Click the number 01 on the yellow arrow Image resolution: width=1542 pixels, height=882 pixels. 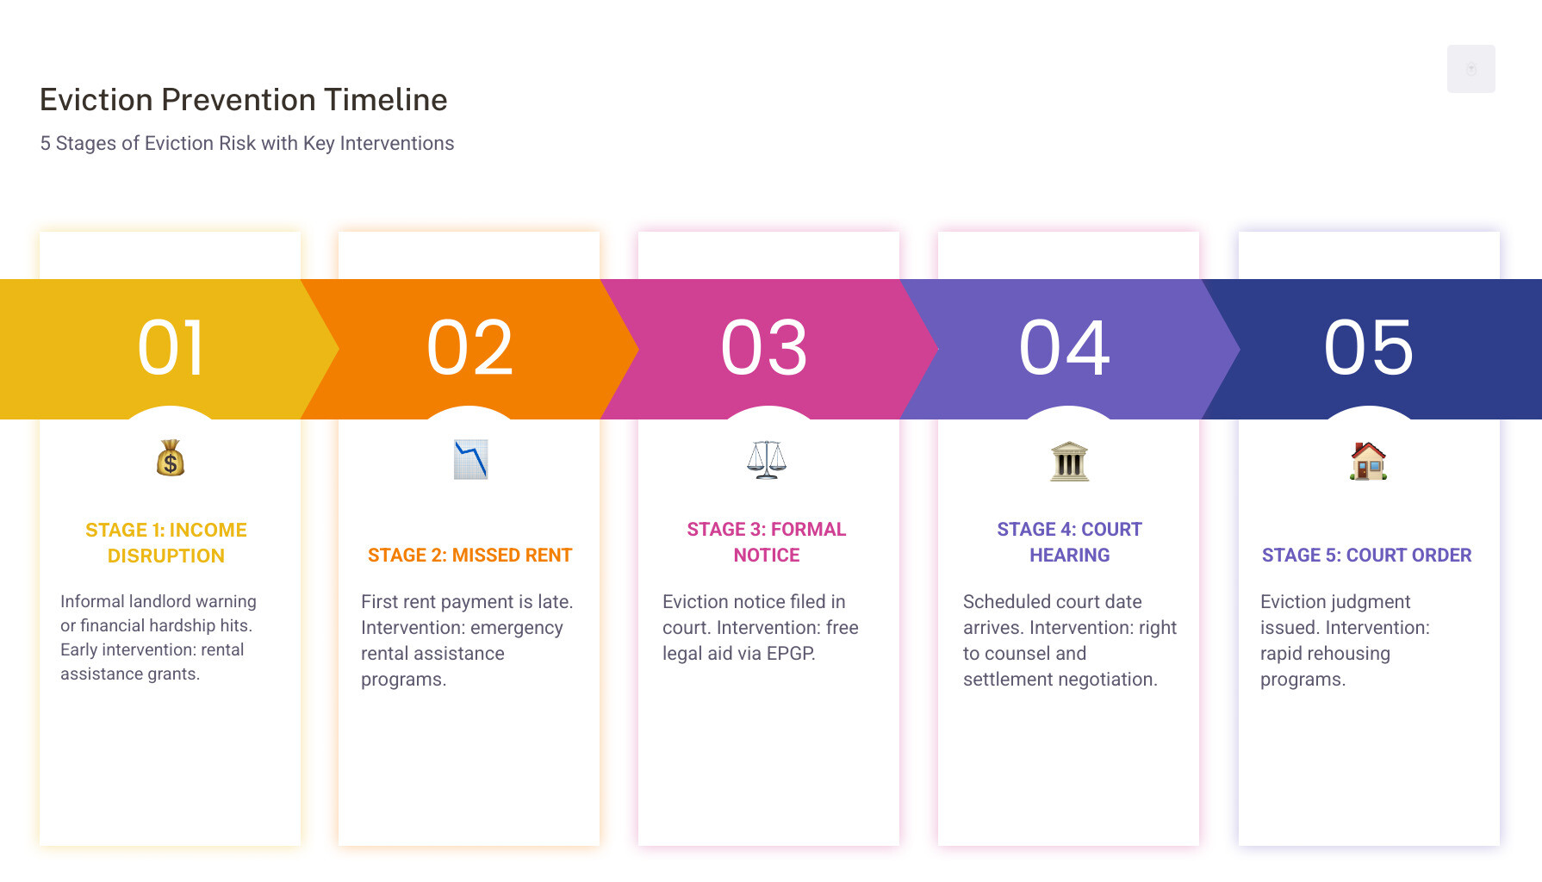click(x=171, y=348)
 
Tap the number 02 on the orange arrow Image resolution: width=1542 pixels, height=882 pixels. click(x=470, y=348)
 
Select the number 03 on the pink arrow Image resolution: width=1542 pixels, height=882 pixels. click(x=765, y=348)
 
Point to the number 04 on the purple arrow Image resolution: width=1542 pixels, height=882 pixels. click(x=1065, y=348)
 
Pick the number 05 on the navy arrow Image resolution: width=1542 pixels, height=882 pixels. click(x=1369, y=348)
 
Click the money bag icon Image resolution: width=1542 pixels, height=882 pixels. click(x=171, y=458)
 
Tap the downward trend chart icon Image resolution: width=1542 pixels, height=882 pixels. click(x=471, y=459)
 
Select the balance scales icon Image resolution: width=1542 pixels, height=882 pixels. click(x=767, y=459)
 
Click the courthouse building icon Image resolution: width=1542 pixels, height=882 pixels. click(x=1070, y=461)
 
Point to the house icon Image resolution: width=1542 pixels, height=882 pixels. click(x=1369, y=461)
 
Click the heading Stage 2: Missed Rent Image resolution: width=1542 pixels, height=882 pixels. click(x=470, y=556)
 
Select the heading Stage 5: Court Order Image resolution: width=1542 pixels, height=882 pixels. click(x=1367, y=556)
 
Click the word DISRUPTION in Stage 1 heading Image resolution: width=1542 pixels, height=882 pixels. click(x=166, y=556)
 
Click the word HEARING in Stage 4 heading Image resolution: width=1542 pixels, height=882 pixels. click(x=1070, y=556)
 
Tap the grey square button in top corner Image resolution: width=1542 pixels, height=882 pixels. click(x=1471, y=69)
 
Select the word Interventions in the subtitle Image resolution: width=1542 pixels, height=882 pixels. click(x=397, y=143)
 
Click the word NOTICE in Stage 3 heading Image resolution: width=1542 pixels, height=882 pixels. click(x=767, y=556)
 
